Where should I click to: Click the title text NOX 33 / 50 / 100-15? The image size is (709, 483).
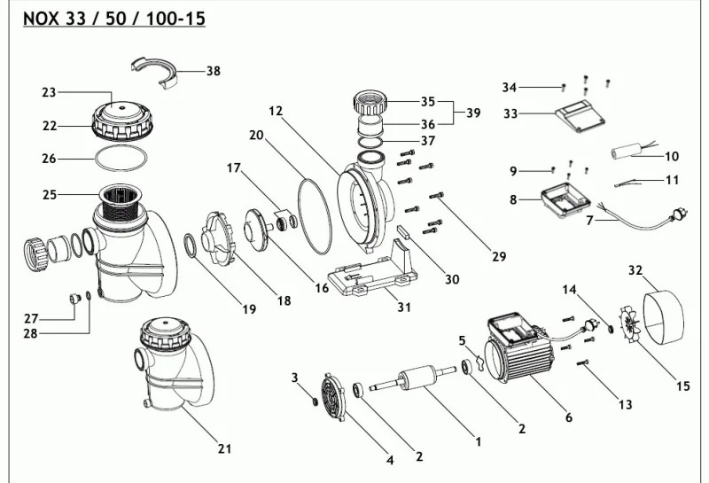tap(114, 19)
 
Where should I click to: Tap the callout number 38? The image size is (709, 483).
tap(214, 71)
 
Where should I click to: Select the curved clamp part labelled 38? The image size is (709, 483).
tap(154, 72)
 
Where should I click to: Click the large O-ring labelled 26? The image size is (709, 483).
tap(121, 159)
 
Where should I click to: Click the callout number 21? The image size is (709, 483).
tap(225, 448)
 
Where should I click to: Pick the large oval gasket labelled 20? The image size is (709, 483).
tap(315, 216)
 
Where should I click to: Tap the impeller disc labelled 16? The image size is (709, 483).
tap(256, 228)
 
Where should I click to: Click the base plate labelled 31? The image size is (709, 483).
tap(371, 270)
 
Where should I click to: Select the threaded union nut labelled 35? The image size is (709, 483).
tap(370, 103)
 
